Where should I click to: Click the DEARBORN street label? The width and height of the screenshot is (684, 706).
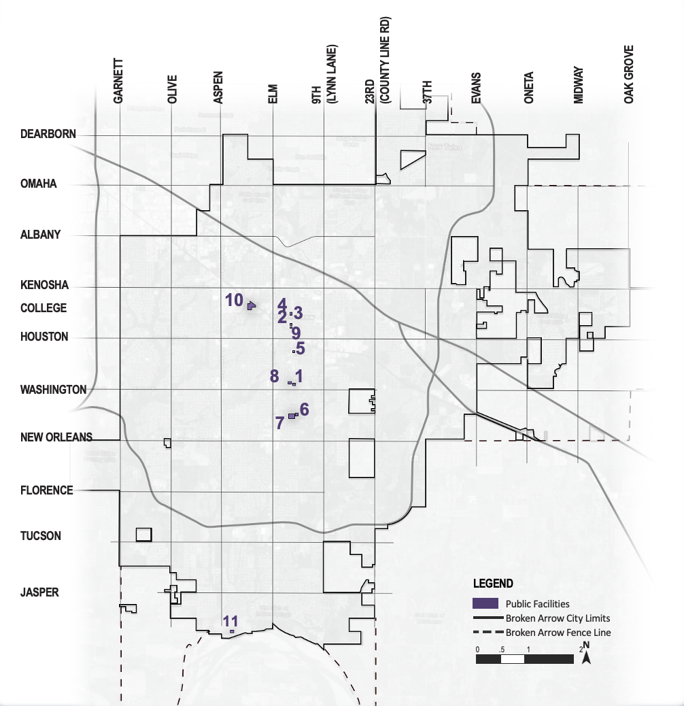(48, 134)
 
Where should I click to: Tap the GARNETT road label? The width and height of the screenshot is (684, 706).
(118, 80)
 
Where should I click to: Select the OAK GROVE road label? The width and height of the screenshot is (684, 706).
(629, 74)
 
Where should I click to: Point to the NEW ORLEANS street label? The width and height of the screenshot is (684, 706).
(56, 437)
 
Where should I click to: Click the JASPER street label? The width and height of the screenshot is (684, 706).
(39, 592)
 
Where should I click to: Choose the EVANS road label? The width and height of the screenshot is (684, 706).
(476, 88)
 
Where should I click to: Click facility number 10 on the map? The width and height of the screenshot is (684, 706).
(234, 300)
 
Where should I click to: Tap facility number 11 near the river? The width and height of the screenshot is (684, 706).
(230, 620)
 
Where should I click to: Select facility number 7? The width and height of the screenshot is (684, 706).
(279, 422)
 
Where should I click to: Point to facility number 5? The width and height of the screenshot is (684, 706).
(300, 347)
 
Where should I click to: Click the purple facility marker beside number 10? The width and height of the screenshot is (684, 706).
(251, 306)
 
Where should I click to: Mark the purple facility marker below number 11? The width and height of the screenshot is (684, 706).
(232, 632)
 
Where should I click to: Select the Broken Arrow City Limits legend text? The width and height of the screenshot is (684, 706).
(558, 618)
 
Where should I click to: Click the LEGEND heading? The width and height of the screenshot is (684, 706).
(494, 584)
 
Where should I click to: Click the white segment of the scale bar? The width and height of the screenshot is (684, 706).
(512, 658)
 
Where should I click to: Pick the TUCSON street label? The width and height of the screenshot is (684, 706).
(41, 536)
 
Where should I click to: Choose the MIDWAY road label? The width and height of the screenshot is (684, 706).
(578, 84)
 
